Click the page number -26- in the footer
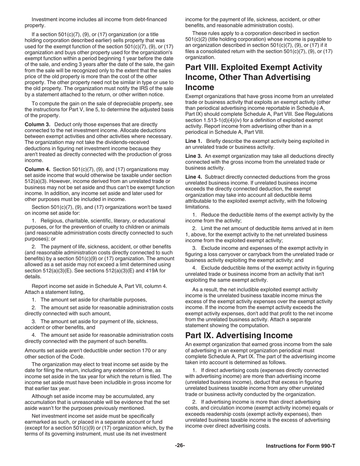pos(180,446)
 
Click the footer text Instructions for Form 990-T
pos(300,446)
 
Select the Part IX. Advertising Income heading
pos(239,335)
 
